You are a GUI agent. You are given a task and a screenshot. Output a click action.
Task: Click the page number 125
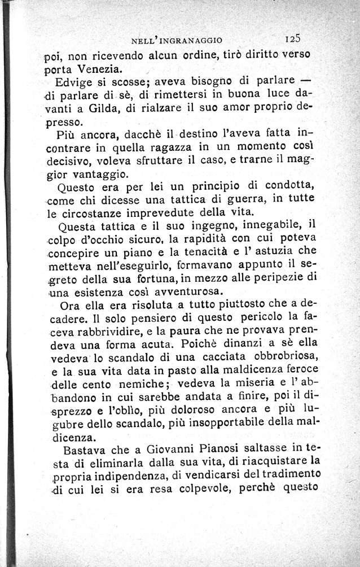coord(296,40)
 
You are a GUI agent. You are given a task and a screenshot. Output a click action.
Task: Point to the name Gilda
coord(105,106)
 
